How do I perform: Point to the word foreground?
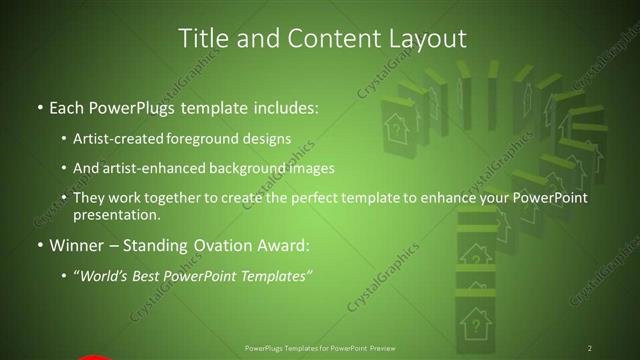[212, 138]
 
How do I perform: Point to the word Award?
[290, 244]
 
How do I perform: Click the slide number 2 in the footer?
[589, 348]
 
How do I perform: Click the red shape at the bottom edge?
[92, 356]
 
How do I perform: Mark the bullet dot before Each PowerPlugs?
[39, 107]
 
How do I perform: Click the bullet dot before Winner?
[39, 245]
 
